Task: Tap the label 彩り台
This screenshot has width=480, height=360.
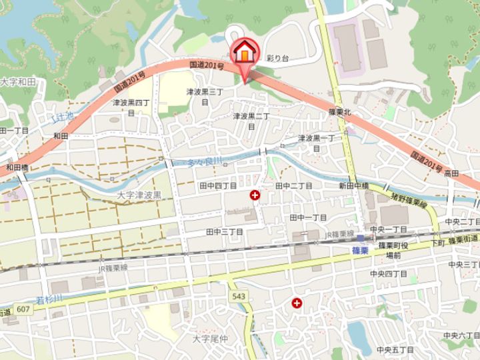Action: (277, 59)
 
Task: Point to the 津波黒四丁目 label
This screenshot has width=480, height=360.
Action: (131, 107)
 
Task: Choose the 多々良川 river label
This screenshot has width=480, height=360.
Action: (205, 162)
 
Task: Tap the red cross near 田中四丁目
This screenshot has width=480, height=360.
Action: (255, 195)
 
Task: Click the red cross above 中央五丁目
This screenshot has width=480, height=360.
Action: (297, 303)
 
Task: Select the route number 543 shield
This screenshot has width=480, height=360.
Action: (239, 296)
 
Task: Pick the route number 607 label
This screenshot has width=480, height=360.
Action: (24, 309)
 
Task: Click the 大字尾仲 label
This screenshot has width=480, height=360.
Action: (210, 339)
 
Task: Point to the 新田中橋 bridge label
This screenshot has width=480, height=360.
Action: (353, 186)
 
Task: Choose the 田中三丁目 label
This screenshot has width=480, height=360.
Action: (225, 231)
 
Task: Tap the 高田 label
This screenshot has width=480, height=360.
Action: (452, 173)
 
